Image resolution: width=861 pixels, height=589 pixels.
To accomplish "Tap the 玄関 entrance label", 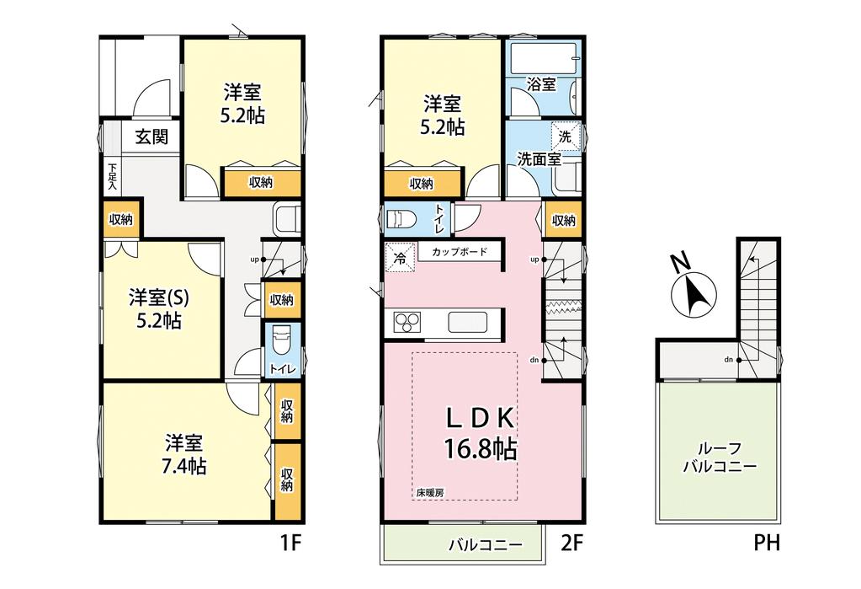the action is (151, 137).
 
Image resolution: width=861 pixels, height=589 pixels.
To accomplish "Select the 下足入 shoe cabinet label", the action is (112, 177).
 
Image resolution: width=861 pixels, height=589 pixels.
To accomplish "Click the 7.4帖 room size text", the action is (184, 466).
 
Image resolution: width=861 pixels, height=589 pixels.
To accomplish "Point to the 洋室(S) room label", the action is (159, 298).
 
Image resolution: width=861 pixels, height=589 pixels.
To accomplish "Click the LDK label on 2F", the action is (481, 420).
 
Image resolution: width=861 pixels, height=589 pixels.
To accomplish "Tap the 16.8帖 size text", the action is (481, 449).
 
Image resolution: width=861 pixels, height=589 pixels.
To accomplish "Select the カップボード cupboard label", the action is (460, 252).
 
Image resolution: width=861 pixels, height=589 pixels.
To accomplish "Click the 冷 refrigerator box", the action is (401, 257).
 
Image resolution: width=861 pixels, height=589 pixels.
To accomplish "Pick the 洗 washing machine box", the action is (565, 136).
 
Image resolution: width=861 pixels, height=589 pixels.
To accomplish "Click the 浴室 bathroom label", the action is (541, 85).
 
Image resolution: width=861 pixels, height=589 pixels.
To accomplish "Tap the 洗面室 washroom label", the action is (539, 159).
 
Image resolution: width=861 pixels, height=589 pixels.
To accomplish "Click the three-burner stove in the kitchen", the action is (407, 322).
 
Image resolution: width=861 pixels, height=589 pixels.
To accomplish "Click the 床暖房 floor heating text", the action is (429, 493).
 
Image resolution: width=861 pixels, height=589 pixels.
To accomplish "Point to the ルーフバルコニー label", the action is (720, 458).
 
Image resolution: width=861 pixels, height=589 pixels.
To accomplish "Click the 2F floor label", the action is (571, 543).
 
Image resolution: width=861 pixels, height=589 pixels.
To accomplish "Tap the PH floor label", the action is (766, 543).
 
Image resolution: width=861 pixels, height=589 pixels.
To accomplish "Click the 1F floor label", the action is (291, 543).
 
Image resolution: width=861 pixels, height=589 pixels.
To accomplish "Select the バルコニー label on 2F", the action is (486, 545).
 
